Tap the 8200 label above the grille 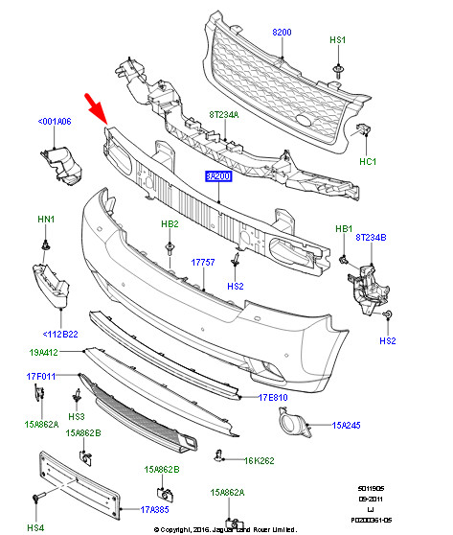(282, 33)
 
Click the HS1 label (338, 41)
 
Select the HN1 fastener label (45, 220)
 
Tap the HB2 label (170, 224)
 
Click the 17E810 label (272, 397)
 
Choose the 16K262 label (260, 461)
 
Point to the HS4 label (36, 527)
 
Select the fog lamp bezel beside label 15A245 (291, 423)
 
